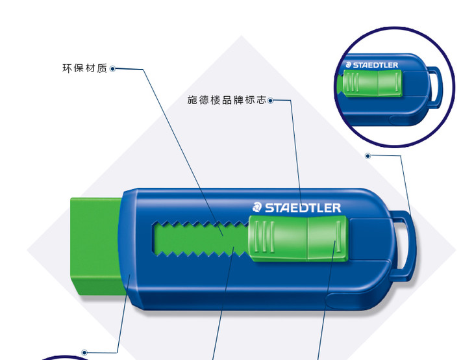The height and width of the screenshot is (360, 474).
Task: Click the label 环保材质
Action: click(x=84, y=68)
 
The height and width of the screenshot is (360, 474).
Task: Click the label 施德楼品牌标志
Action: click(x=226, y=101)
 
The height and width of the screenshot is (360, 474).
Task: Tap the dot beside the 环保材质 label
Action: click(x=113, y=68)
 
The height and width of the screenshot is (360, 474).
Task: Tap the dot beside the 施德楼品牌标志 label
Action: click(x=270, y=101)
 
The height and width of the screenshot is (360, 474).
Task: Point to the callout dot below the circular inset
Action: click(x=368, y=156)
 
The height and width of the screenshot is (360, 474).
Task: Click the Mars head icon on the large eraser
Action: click(x=256, y=208)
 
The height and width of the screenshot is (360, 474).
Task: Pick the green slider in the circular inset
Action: click(x=370, y=84)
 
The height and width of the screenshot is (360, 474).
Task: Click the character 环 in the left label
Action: click(x=66, y=68)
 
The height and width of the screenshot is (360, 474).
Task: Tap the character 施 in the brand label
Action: click(x=192, y=101)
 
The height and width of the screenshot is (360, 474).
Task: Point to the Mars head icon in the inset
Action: click(x=348, y=65)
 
